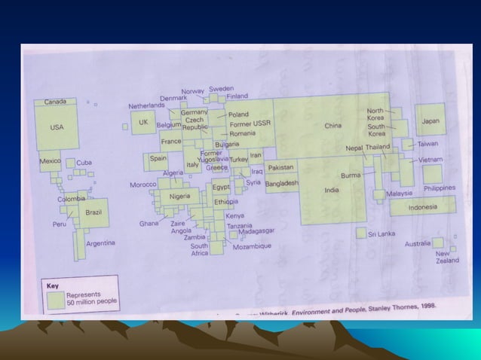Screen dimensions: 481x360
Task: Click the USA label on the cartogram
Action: point(57,127)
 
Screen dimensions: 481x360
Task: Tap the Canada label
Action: point(55,102)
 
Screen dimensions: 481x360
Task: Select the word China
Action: point(333,127)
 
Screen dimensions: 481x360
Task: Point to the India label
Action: point(331,190)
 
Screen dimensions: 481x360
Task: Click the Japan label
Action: point(430,121)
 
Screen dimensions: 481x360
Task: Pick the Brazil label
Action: point(93,212)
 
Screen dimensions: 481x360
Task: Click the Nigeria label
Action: point(179,196)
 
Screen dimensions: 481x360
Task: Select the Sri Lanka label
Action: point(381,234)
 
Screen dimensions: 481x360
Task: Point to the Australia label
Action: point(417,243)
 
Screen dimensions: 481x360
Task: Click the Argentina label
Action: point(100,243)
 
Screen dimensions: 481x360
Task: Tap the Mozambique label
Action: point(252,246)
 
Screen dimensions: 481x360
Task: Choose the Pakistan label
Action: point(280,167)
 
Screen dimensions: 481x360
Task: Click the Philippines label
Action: point(439,188)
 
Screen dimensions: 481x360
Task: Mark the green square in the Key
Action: point(55,299)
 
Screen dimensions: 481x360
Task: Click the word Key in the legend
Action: point(53,285)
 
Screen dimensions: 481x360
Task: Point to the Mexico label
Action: point(50,161)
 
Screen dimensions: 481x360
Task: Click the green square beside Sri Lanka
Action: point(361,233)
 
